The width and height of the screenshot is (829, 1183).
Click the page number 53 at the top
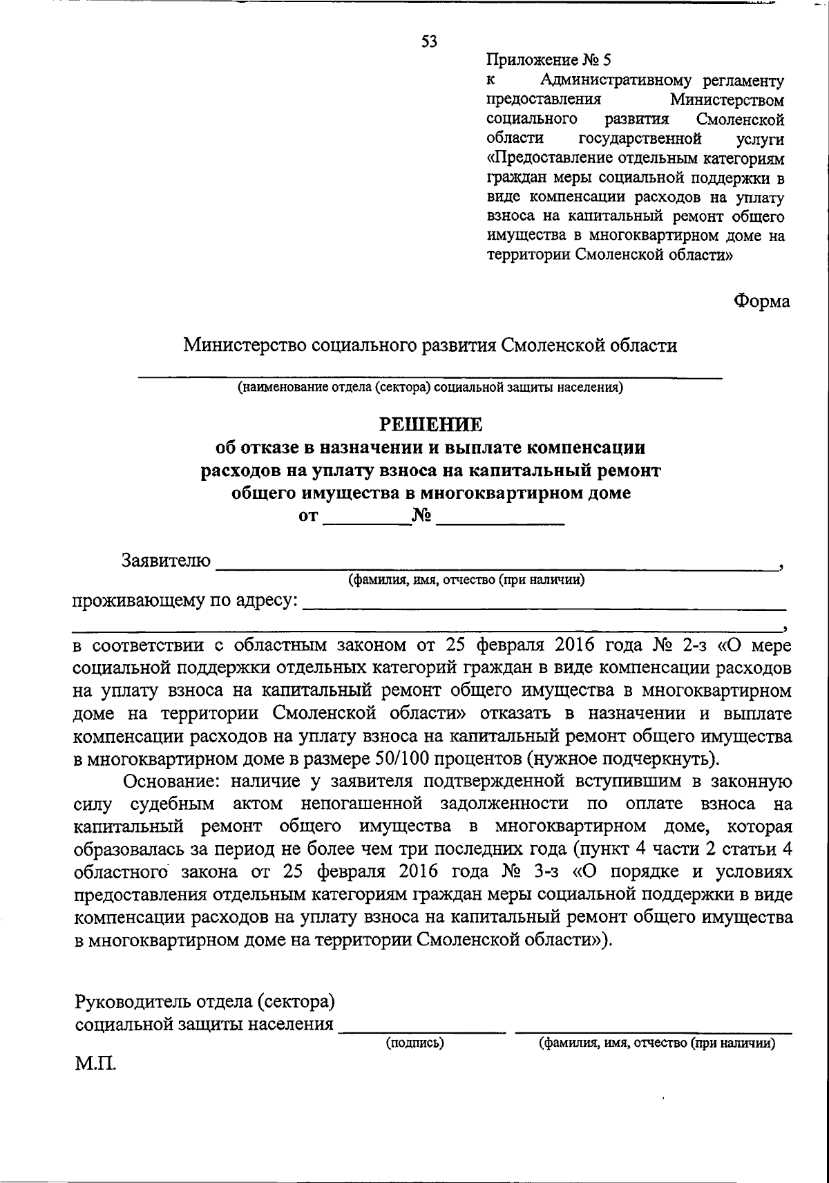429,41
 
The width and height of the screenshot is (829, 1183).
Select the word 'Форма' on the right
761,301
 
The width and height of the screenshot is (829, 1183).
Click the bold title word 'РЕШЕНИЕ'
429,424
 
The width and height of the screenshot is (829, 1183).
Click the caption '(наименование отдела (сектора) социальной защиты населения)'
430,387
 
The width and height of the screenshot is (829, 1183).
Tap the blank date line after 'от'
365,524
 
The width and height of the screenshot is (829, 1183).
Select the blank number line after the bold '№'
501,524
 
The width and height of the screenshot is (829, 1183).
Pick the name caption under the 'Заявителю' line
466,580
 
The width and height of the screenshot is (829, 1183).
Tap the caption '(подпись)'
414,1043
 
